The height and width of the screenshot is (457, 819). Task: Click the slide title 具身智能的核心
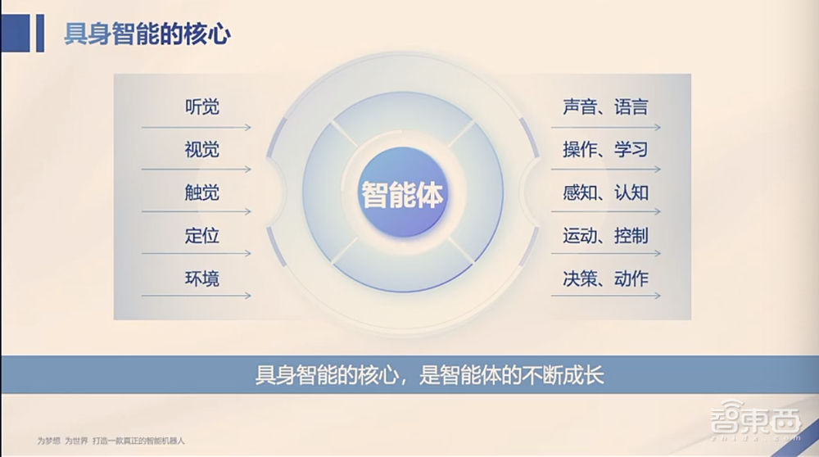tap(147, 34)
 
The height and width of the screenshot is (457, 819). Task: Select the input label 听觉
tap(201, 106)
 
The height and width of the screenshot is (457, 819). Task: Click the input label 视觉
tap(201, 150)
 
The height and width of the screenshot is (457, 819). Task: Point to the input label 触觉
tap(201, 193)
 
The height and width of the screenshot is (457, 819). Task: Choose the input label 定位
tap(201, 236)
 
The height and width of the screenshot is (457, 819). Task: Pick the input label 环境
tap(201, 278)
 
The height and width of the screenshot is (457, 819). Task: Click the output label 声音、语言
tap(605, 106)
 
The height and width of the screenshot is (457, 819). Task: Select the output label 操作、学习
tap(605, 150)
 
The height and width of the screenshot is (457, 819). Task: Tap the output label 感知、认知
tap(605, 193)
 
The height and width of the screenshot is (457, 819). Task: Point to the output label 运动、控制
tap(605, 236)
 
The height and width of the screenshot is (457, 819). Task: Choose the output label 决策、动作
tap(605, 278)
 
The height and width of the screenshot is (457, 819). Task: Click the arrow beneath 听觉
tap(197, 128)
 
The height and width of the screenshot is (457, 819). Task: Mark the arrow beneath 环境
tap(197, 296)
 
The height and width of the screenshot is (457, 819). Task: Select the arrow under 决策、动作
tap(605, 296)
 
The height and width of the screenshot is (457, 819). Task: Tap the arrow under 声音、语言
tap(605, 128)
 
